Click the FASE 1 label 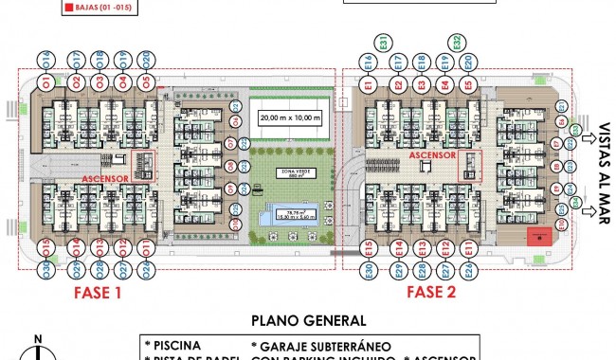click(99, 293)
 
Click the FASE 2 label click(431, 293)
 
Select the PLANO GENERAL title click(307, 321)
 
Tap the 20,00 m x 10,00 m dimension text click(291, 118)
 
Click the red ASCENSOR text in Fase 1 click(105, 177)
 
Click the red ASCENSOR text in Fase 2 click(434, 155)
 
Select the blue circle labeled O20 click(146, 60)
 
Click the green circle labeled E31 click(381, 42)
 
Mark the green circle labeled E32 click(458, 42)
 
